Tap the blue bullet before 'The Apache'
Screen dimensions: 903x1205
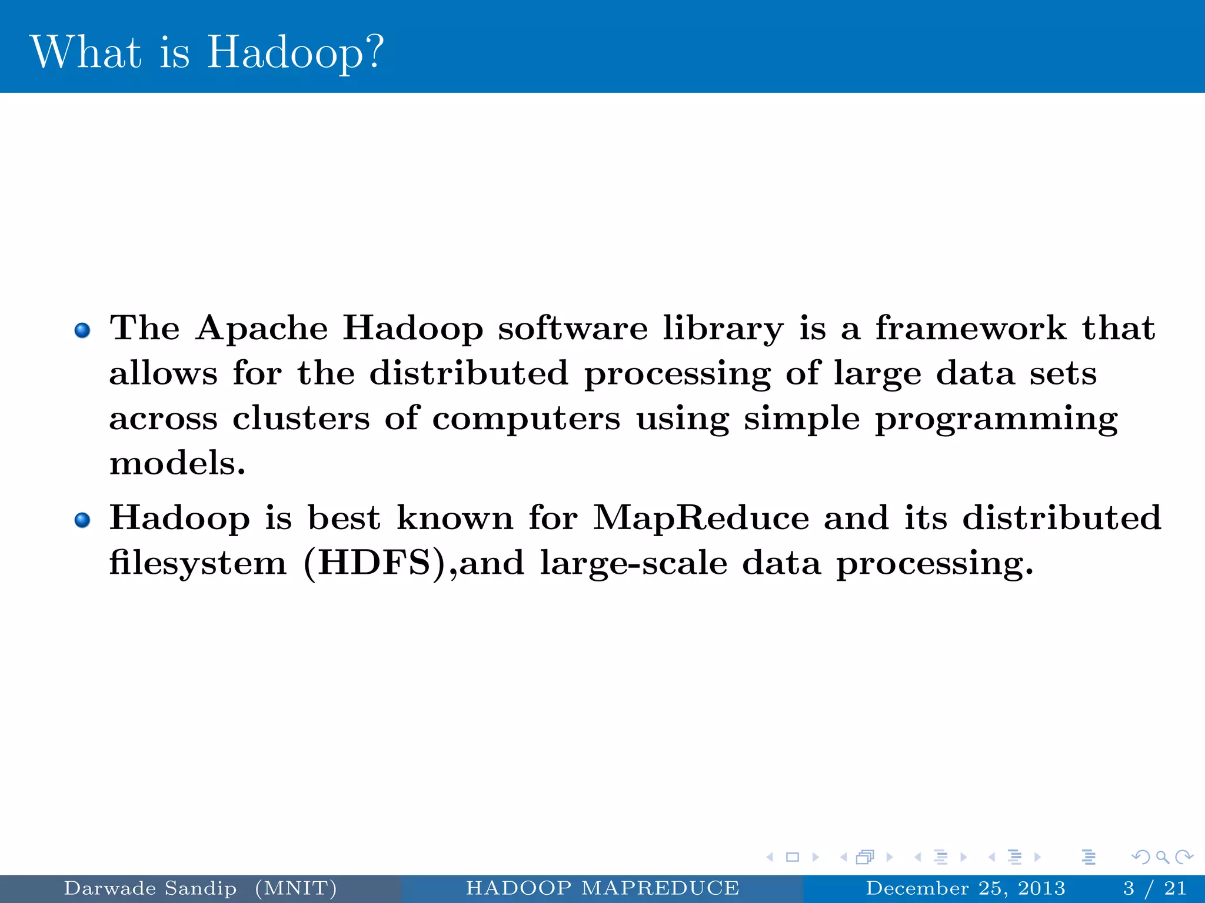pyautogui.click(x=82, y=330)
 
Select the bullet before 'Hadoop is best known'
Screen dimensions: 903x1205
pyautogui.click(x=82, y=520)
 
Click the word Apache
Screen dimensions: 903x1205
pyautogui.click(x=262, y=328)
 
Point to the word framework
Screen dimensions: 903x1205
pyautogui.click(x=970, y=328)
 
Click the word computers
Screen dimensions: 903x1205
pyautogui.click(x=526, y=420)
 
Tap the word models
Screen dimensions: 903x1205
pyautogui.click(x=177, y=463)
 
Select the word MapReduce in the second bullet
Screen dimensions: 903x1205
pyautogui.click(x=701, y=518)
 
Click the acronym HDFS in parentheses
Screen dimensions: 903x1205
pyautogui.click(x=375, y=563)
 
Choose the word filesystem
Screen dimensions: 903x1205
pyautogui.click(x=198, y=563)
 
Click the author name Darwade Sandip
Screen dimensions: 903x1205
pyautogui.click(x=150, y=888)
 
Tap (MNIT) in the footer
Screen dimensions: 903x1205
pyautogui.click(x=296, y=888)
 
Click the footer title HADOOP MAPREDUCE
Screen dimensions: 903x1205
pyautogui.click(x=602, y=888)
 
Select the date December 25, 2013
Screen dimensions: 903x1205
pyautogui.click(x=966, y=888)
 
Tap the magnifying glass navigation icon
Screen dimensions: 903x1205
pyautogui.click(x=1162, y=857)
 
